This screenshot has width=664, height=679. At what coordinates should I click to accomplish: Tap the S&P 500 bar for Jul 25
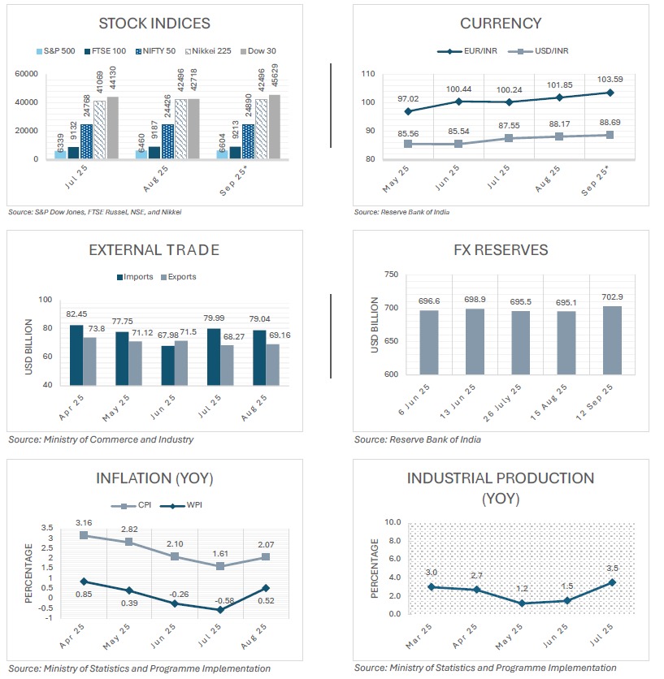[60, 154]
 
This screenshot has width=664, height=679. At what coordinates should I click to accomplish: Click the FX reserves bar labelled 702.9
[611, 340]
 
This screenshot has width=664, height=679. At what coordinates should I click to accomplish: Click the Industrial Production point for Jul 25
[611, 582]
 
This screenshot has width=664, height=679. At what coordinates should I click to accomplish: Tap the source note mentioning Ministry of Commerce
[102, 439]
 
